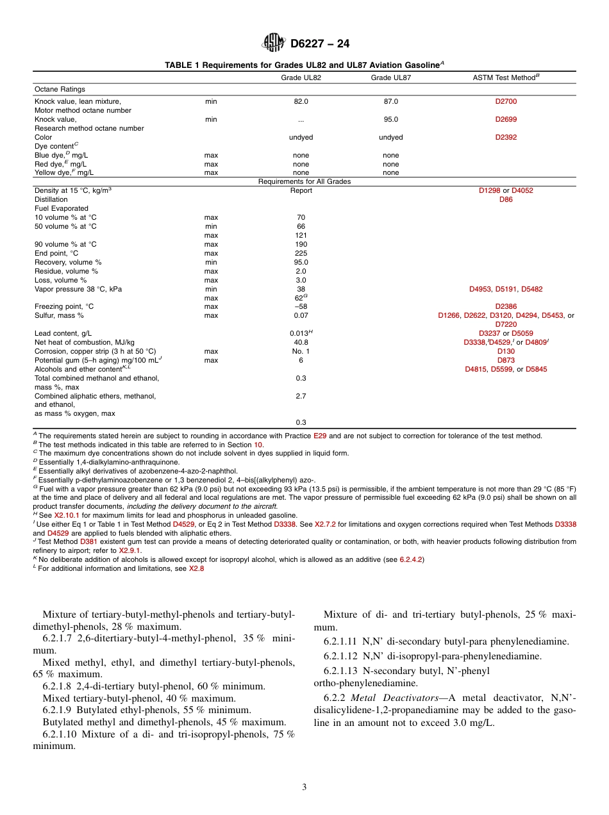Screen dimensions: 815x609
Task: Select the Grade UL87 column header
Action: [390, 78]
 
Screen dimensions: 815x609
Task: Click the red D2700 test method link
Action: [506, 101]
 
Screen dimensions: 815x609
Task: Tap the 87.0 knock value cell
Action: [390, 101]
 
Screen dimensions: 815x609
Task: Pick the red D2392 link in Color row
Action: [506, 137]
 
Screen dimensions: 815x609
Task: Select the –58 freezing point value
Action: [301, 306]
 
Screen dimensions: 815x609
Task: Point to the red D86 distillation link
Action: [506, 199]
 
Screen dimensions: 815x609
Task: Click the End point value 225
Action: [301, 253]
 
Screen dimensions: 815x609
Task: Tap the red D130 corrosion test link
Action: [506, 351]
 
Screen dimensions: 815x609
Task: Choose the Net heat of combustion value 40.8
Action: [301, 342]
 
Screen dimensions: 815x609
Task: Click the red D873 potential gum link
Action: [506, 360]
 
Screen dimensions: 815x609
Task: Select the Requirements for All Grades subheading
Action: [304, 181]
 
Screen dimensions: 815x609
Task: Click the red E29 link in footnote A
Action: [319, 436]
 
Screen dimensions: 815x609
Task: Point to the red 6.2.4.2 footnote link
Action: [410, 559]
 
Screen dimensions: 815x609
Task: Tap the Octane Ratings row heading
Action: [60, 89]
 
